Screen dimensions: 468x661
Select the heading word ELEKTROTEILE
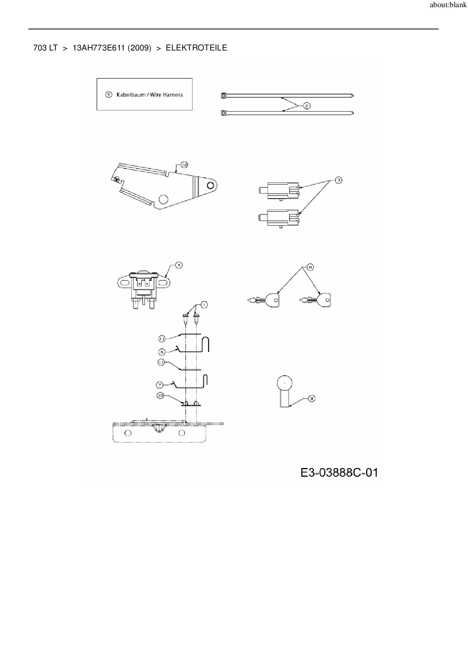(x=196, y=48)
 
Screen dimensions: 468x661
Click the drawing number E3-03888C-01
(x=339, y=473)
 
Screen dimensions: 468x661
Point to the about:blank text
(x=448, y=5)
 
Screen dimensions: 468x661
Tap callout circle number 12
(x=184, y=165)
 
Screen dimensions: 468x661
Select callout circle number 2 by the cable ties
(x=306, y=106)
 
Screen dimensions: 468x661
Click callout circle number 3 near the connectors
(x=339, y=181)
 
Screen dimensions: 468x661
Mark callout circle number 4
(x=179, y=265)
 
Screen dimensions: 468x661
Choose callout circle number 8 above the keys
(x=310, y=267)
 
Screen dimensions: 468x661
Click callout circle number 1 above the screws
(x=204, y=304)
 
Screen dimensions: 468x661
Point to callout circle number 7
(x=160, y=385)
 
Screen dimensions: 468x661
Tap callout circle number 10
(x=160, y=396)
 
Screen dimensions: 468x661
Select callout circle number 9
(x=311, y=398)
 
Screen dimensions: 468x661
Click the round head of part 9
(x=285, y=383)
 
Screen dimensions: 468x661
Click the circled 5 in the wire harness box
(x=109, y=95)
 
